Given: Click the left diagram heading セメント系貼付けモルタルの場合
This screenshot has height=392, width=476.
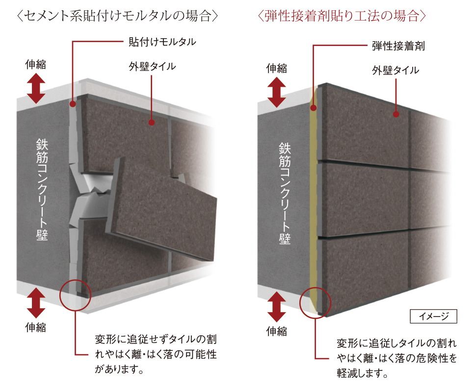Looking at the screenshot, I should click(x=116, y=16).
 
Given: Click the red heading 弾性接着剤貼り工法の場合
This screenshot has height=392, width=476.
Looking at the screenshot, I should click(x=342, y=16).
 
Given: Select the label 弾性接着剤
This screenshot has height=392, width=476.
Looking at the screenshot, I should click(x=398, y=46).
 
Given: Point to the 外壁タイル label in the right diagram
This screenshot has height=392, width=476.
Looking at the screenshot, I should click(x=396, y=70).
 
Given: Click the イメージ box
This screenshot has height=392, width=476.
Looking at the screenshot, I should click(x=433, y=317).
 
